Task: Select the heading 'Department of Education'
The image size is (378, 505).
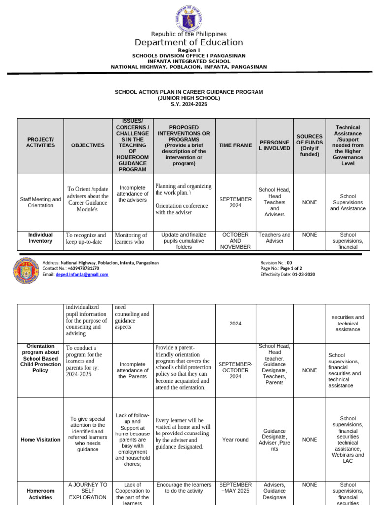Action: point(189,42)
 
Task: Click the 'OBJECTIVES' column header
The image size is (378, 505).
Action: point(88,145)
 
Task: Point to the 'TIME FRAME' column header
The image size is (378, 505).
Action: point(235,145)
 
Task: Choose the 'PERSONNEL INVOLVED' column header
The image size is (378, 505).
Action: point(274,145)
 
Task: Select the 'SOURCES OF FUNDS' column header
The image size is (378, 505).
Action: point(310,145)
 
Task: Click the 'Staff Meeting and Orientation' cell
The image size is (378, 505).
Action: point(40,202)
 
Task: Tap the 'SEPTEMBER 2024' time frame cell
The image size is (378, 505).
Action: point(235,202)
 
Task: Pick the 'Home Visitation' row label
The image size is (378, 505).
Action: point(40,440)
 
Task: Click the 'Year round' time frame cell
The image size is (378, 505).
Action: point(235,440)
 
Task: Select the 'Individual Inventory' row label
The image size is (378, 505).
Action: point(40,238)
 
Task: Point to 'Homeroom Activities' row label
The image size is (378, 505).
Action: point(40,494)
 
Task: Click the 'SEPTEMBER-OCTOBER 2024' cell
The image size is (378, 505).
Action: point(235,370)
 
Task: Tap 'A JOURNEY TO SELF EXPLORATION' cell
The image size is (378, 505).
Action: point(88,491)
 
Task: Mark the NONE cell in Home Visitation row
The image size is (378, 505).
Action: point(310,440)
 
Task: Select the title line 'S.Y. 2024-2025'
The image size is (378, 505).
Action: point(189,104)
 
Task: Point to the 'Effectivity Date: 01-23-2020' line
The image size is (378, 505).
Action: point(287,275)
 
